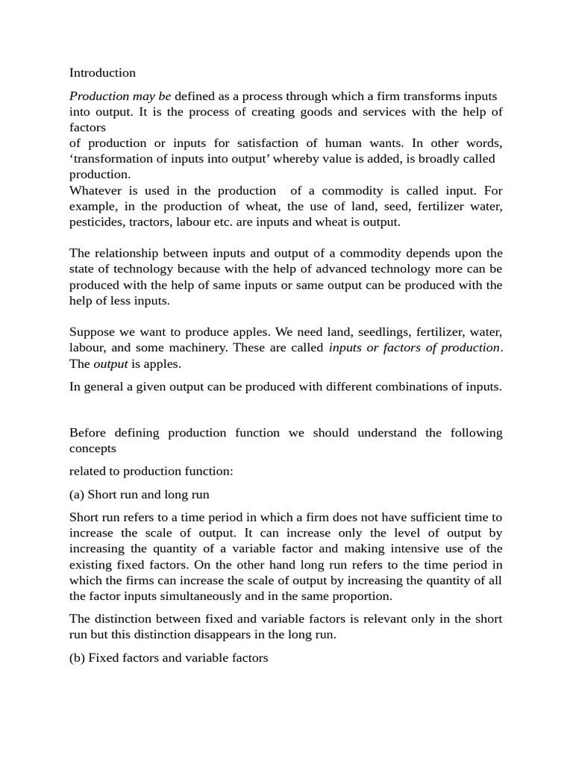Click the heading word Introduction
[x=102, y=73]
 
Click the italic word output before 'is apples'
[x=110, y=364]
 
